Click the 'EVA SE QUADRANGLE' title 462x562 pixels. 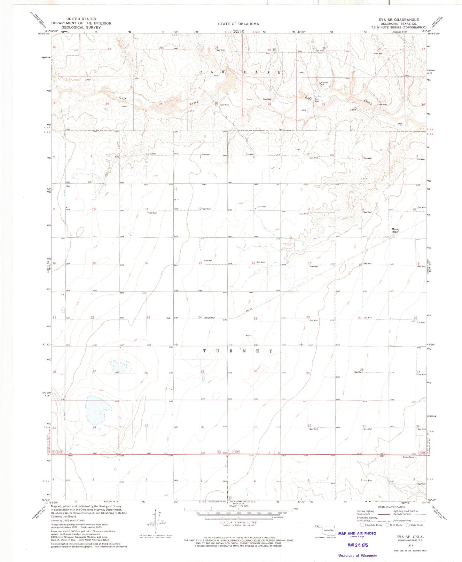398,20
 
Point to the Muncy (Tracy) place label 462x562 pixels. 396,230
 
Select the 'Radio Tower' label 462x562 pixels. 409,457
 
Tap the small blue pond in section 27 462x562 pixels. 118,365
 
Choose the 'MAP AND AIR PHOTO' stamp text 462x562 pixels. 357,533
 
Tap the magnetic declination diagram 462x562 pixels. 156,523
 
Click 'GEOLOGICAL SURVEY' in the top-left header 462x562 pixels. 81,28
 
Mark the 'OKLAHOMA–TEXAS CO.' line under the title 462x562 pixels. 398,23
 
